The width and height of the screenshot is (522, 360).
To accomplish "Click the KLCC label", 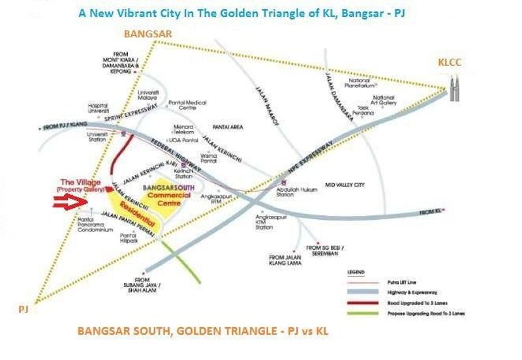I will [450, 63].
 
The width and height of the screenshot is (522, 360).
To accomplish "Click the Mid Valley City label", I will [344, 185].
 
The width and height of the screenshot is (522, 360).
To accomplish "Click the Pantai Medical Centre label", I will [187, 105].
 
